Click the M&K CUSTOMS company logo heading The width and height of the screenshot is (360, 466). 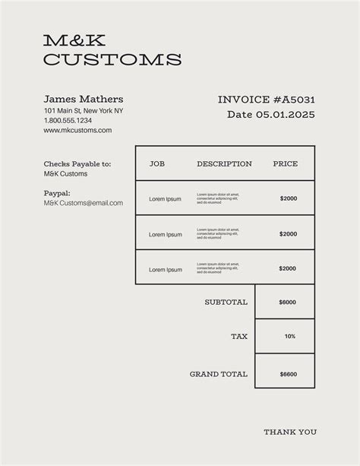112,49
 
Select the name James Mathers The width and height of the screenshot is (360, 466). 84,100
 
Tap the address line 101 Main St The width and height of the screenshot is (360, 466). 84,111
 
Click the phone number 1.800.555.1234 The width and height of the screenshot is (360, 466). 68,120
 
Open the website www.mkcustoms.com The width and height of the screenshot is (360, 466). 77,130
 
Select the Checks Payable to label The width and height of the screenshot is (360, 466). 77,163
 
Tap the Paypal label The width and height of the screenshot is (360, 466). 57,193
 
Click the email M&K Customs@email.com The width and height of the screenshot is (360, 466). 83,203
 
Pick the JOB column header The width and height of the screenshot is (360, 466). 157,163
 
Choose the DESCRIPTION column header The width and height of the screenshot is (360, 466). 224,163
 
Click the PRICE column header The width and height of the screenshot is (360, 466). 286,163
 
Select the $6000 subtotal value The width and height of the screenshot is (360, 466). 288,302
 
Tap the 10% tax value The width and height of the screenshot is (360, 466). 290,336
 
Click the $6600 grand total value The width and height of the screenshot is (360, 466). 288,374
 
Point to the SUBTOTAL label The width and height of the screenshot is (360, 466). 226,302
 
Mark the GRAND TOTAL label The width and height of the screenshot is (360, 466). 218,374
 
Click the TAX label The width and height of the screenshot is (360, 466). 239,336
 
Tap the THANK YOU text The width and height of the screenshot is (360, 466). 290,432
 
